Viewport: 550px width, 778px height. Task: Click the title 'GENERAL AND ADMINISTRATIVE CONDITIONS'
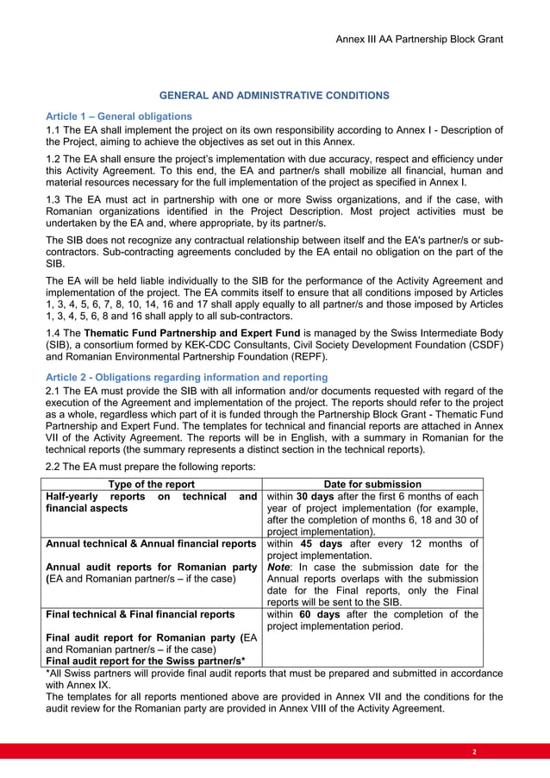click(x=274, y=95)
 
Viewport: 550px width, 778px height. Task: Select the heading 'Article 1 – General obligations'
click(x=118, y=116)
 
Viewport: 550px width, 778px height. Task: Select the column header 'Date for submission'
click(x=372, y=485)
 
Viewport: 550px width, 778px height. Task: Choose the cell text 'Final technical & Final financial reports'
click(x=140, y=614)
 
